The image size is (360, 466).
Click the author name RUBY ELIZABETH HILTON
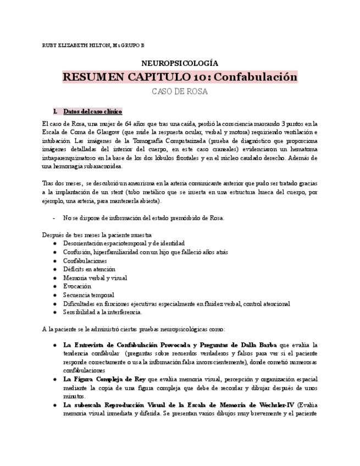tap(76, 45)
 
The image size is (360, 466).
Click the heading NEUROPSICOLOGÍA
tap(180, 63)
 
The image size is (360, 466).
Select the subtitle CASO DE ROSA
tap(180, 92)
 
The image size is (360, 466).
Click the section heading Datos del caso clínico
tap(92, 111)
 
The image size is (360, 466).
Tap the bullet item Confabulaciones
tap(85, 260)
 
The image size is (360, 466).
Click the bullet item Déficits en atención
tap(89, 269)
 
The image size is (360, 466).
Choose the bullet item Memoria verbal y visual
tap(95, 278)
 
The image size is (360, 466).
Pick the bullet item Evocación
tap(77, 286)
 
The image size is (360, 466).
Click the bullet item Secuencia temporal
tap(88, 295)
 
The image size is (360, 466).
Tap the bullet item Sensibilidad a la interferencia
tap(102, 312)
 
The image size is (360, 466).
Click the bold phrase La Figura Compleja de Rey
tap(104, 379)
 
